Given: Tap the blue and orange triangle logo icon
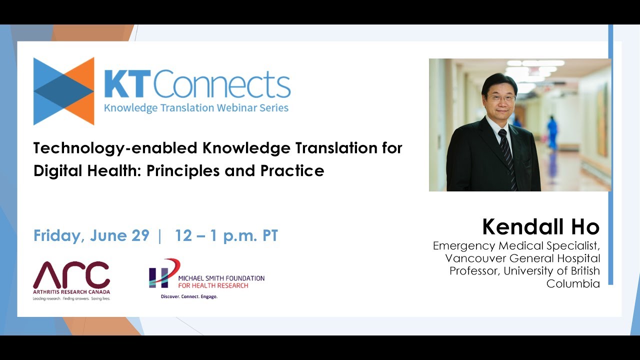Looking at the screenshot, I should (x=63, y=91).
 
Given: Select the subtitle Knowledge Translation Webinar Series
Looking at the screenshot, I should (x=196, y=107).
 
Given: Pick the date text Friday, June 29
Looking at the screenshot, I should (x=91, y=235).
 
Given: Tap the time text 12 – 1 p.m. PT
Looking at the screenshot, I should (x=226, y=235).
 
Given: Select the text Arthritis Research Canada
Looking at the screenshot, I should (x=71, y=292).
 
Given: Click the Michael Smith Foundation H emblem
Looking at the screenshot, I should (x=162, y=273).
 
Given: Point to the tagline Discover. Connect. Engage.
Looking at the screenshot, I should (x=189, y=296).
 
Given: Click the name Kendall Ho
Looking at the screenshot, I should (x=540, y=227).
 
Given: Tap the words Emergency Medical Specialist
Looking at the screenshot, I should (x=516, y=245).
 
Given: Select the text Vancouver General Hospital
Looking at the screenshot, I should (x=522, y=258).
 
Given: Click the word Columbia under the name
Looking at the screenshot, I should (x=573, y=283).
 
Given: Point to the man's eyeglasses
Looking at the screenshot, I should (x=501, y=98).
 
